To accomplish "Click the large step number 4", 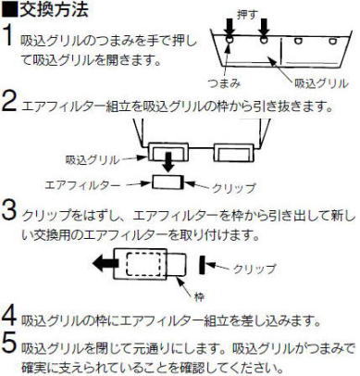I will (x=11, y=320).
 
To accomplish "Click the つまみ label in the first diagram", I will (x=227, y=82).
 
